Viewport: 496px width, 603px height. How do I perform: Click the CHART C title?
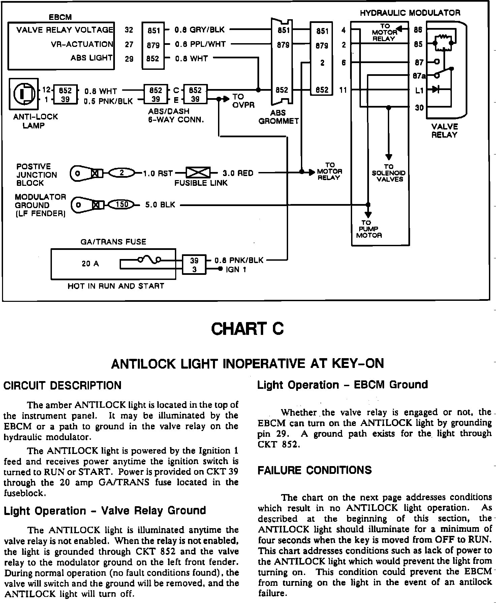pyautogui.click(x=247, y=329)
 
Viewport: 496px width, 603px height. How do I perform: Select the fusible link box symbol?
pyautogui.click(x=198, y=173)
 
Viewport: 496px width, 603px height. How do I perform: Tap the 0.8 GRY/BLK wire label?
pyautogui.click(x=199, y=30)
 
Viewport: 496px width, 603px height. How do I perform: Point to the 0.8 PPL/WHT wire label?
pyautogui.click(x=200, y=44)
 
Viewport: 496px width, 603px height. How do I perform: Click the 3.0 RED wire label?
pyautogui.click(x=238, y=173)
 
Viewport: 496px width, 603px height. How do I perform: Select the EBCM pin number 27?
pyautogui.click(x=129, y=45)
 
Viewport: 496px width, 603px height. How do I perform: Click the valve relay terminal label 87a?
pyautogui.click(x=419, y=76)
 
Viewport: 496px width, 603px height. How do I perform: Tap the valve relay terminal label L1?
pyautogui.click(x=419, y=90)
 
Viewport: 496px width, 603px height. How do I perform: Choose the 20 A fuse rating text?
pyautogui.click(x=90, y=264)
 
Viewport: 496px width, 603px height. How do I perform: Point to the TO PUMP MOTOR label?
pyautogui.click(x=369, y=229)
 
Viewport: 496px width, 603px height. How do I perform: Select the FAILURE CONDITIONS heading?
pyautogui.click(x=315, y=470)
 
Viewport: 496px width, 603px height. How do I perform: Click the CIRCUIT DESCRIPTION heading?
pyautogui.click(x=62, y=385)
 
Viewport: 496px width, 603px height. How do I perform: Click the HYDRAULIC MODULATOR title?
pyautogui.click(x=410, y=13)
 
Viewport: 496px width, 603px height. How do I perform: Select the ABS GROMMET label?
pyautogui.click(x=278, y=117)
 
